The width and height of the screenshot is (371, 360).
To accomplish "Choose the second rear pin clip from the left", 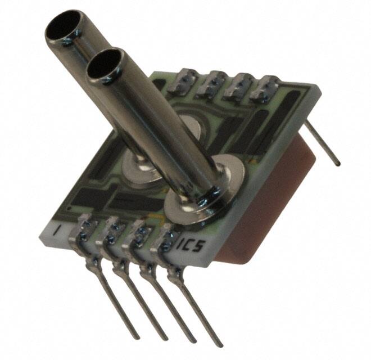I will [x=212, y=83].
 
